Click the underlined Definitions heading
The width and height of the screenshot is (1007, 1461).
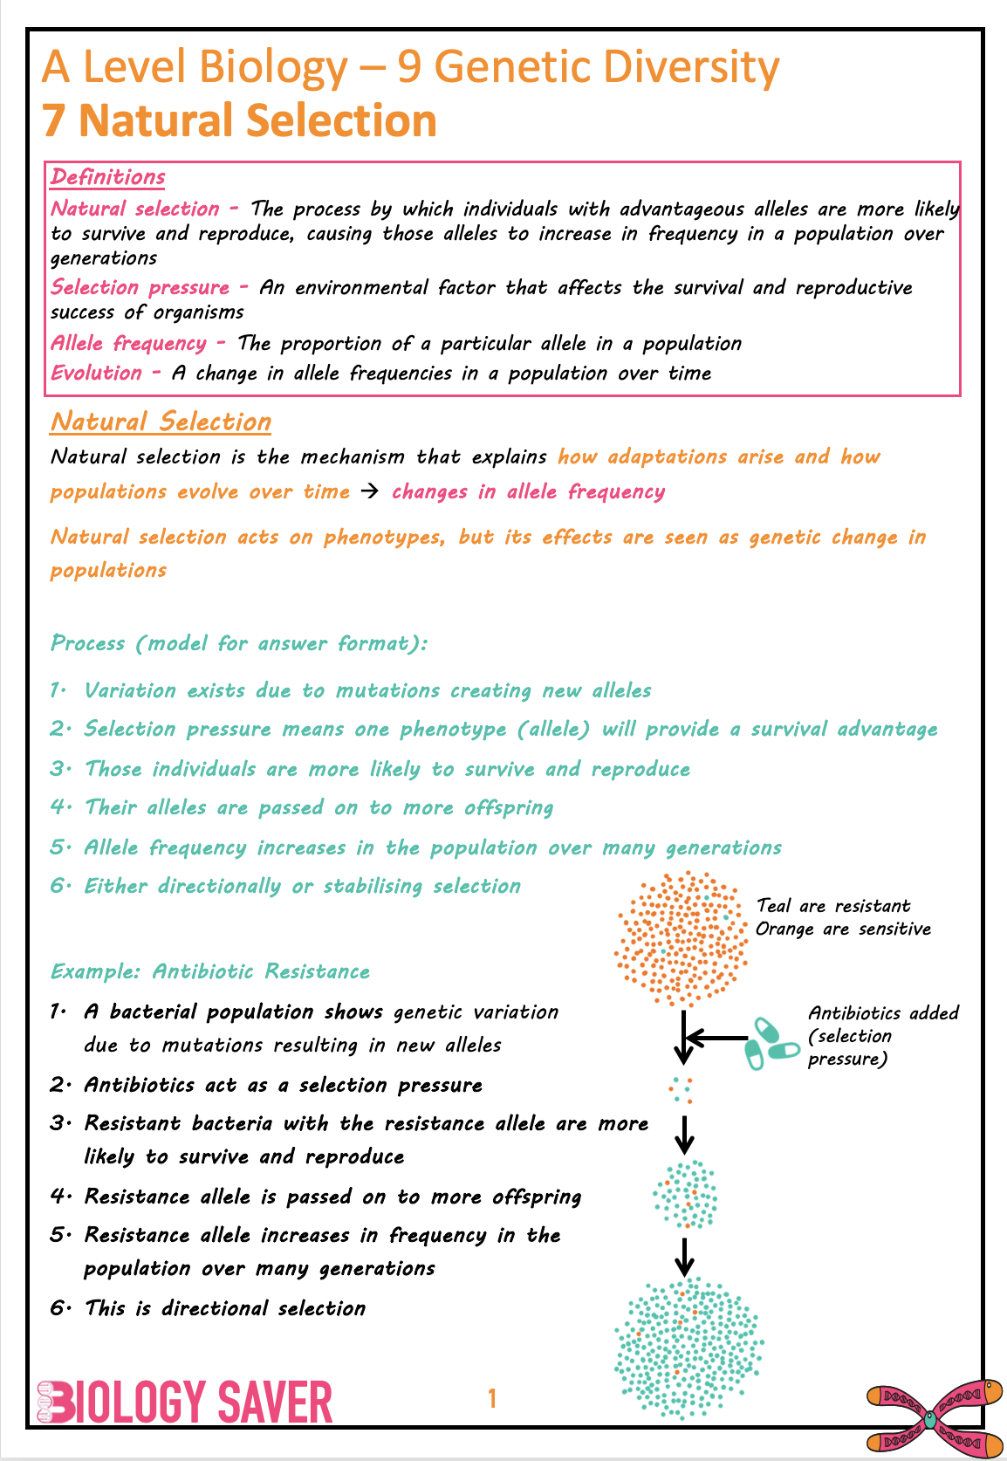tap(107, 177)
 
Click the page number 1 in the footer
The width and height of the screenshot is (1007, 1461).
tap(492, 1399)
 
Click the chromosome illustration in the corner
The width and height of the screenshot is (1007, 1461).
tap(934, 1417)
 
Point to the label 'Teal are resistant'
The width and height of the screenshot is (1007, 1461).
tap(832, 906)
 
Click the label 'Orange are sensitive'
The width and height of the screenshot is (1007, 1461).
tap(843, 929)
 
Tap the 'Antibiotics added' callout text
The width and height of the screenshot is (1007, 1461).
tap(882, 1013)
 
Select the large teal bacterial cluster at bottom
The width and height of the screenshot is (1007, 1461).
tap(688, 1348)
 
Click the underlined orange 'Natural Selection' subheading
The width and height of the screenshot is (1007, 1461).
tap(161, 422)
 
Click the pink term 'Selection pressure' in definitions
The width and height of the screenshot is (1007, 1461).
tap(140, 288)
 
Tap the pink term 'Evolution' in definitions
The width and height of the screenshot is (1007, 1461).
tap(96, 374)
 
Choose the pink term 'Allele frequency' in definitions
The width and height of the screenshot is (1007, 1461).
tap(128, 344)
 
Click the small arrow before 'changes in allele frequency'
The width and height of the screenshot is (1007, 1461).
tap(370, 492)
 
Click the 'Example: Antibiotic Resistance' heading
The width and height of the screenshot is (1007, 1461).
tap(209, 972)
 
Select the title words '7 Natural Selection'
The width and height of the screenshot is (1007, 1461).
tap(240, 120)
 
